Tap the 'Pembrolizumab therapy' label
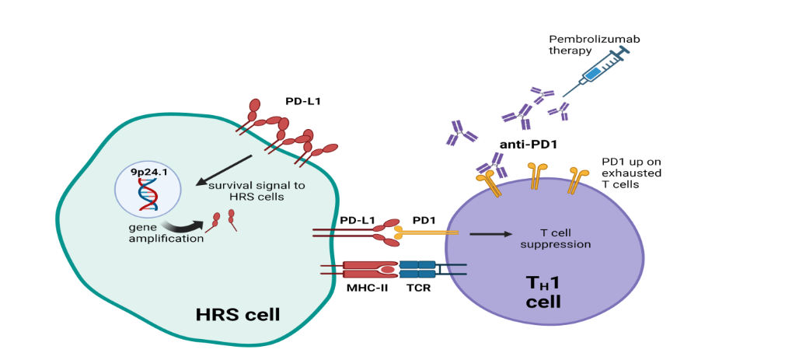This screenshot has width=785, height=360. tap(583, 44)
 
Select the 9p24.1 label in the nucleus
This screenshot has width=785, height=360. tap(148, 171)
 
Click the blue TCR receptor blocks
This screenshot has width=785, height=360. tap(417, 269)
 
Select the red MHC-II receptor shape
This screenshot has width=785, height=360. tap(369, 269)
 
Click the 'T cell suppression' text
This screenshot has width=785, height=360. tap(565, 238)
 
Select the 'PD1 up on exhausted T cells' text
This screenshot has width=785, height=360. tap(630, 173)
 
